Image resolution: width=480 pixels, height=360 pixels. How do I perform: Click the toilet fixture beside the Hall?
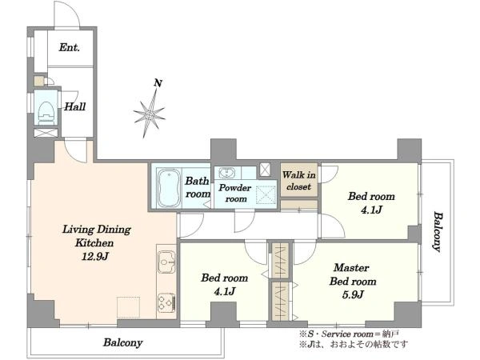click(x=46, y=112)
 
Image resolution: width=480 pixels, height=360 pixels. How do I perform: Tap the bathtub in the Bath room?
click(x=168, y=188)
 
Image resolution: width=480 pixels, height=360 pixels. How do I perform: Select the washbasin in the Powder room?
click(x=227, y=173)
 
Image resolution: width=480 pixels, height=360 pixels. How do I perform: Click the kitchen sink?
click(x=166, y=262)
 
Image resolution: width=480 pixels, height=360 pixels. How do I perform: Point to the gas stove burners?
click(x=166, y=302)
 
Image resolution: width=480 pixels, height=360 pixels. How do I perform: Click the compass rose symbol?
click(x=150, y=114)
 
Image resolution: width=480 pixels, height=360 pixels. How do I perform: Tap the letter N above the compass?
click(x=158, y=83)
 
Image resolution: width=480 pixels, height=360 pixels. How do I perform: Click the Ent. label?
click(x=70, y=47)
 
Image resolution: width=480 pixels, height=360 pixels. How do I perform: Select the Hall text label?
click(x=75, y=106)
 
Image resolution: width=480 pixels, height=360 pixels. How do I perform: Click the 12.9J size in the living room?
click(x=95, y=256)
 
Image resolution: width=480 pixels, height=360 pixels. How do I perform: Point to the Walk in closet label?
click(x=298, y=181)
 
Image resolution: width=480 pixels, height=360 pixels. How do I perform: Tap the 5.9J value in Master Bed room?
click(x=353, y=294)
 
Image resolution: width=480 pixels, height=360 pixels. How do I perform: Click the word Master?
click(x=351, y=267)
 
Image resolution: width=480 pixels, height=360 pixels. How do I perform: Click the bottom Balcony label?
click(x=122, y=342)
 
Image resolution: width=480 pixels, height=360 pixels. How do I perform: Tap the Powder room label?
click(x=235, y=193)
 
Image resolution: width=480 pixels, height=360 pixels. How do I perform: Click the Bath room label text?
click(x=198, y=187)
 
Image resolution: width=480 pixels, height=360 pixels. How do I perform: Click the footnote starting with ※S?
click(x=349, y=334)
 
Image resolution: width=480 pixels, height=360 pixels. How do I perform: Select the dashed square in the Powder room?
click(x=266, y=194)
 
